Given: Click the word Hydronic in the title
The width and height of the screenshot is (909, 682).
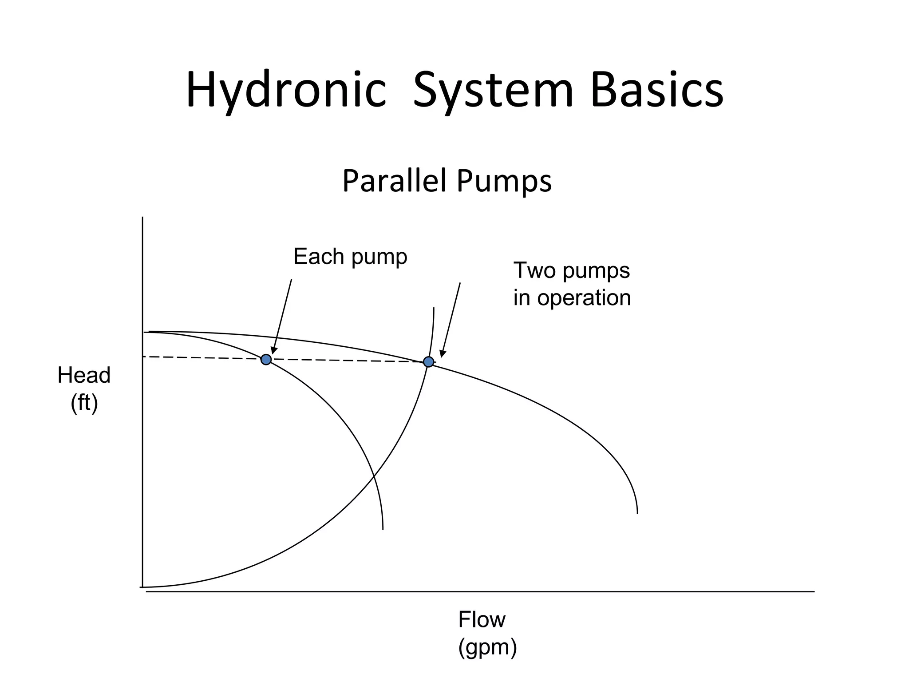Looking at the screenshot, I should tap(286, 91).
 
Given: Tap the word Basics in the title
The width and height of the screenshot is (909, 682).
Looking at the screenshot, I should tap(657, 91).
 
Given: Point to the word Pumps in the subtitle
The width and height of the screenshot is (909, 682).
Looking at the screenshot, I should tap(504, 181).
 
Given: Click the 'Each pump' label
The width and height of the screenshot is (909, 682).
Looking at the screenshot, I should tap(350, 257).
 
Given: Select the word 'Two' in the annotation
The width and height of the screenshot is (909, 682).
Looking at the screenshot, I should tap(534, 270).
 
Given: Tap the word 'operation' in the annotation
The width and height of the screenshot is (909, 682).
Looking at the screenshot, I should tap(584, 297).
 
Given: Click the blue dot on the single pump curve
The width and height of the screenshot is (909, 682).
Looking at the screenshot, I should tap(266, 359).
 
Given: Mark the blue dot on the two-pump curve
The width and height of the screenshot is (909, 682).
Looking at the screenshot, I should tap(428, 361).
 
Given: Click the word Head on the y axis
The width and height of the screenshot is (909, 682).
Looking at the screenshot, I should tap(84, 375).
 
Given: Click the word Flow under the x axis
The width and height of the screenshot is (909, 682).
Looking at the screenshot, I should tap(482, 619).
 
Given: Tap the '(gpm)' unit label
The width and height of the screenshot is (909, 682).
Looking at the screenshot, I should tap(487, 647).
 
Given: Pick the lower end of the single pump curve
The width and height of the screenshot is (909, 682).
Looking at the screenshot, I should tap(383, 528).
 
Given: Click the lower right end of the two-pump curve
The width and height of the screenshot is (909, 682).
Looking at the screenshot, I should tap(637, 512).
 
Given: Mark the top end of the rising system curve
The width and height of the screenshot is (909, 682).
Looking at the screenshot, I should tap(434, 308).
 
